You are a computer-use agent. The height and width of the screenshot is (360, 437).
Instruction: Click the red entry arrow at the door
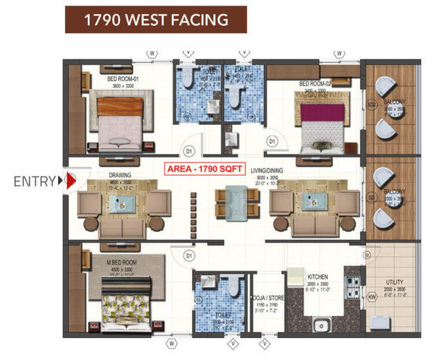[69, 182]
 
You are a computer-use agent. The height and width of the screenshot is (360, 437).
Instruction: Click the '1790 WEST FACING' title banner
[155, 20]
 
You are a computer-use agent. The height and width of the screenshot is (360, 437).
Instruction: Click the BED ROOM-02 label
[315, 82]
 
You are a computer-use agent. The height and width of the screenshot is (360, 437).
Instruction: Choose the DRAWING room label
[119, 175]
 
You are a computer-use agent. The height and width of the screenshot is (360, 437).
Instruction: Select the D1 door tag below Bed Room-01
[188, 151]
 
